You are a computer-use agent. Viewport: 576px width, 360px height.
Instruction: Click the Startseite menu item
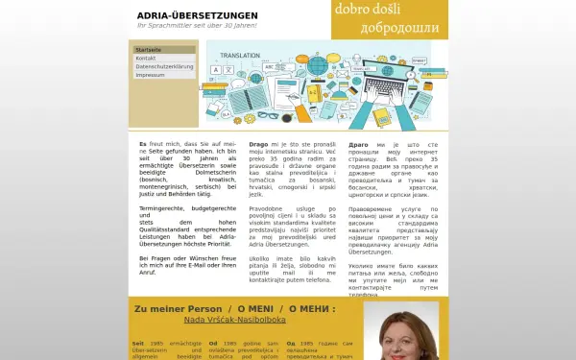[x=148, y=49]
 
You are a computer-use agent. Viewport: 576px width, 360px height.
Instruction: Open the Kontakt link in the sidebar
[x=146, y=58]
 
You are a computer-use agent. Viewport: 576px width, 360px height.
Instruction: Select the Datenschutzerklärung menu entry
[x=164, y=66]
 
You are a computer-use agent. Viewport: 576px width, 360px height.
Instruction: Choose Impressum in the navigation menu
[x=150, y=74]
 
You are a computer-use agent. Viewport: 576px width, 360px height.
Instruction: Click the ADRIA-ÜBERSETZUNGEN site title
[x=197, y=15]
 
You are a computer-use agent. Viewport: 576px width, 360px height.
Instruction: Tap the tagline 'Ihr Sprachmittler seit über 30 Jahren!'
[x=197, y=24]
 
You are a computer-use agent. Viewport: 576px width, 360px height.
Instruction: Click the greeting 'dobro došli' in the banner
[x=369, y=10]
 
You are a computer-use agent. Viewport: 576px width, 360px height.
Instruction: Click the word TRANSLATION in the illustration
[x=240, y=57]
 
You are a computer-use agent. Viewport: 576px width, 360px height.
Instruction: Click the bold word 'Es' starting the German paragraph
[x=143, y=143]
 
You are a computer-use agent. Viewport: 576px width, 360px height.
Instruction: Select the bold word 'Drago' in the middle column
[x=258, y=143]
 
